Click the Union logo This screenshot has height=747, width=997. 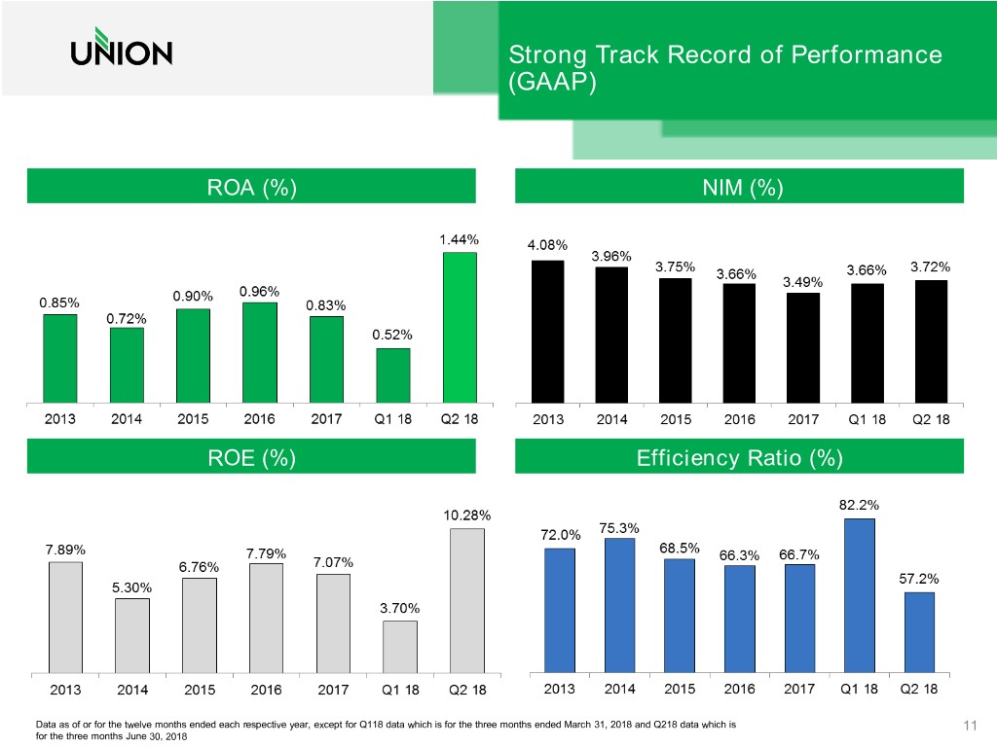coord(122,53)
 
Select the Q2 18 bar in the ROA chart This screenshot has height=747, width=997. coord(459,326)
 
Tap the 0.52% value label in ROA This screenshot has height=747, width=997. coord(392,336)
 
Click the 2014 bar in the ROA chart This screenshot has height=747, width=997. coord(127,364)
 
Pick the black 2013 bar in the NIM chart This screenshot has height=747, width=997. coord(548,331)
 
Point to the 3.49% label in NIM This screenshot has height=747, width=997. coord(803,282)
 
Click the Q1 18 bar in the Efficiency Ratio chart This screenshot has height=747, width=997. coord(860,594)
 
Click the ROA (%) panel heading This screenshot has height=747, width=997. coord(252,188)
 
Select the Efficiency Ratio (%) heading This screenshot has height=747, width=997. coord(739,457)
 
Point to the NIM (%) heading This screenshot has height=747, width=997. coord(742,188)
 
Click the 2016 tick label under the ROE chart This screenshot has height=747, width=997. coord(265,691)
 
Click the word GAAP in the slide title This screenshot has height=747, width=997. coord(551,85)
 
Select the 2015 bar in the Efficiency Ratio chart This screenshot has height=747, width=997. coord(679,615)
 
